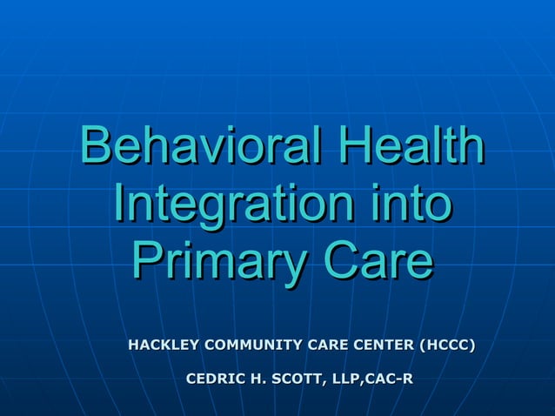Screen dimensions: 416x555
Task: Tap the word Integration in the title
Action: point(232,205)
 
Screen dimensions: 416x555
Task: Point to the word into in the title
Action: point(407,205)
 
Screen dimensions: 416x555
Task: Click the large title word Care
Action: point(378,263)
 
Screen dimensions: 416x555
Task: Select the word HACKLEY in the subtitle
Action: point(163,346)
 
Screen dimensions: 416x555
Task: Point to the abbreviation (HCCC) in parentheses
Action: point(447,346)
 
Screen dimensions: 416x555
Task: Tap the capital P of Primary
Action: point(149,263)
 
